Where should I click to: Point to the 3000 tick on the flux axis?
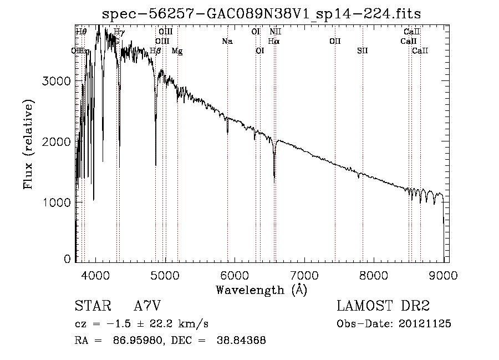[x=57, y=81]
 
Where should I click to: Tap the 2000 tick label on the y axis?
[x=57, y=141]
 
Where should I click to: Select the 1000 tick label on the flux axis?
[x=57, y=202]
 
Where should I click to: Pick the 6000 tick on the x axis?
[x=235, y=275]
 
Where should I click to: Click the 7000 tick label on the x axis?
[x=304, y=275]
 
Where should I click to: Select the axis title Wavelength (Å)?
[x=261, y=290]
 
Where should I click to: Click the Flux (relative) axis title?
[x=28, y=144]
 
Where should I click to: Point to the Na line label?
[x=227, y=41]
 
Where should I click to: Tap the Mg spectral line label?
[x=177, y=51]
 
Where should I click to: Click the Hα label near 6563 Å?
[x=273, y=41]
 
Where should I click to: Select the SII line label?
[x=362, y=51]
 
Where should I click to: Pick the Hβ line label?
[x=156, y=51]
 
